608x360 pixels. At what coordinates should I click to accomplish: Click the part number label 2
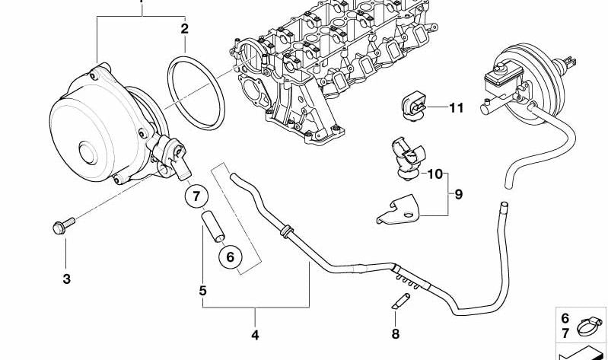[x=184, y=29]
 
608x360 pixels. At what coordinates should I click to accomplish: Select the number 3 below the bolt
[x=67, y=279]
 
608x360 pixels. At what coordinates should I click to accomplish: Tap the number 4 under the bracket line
[x=255, y=335]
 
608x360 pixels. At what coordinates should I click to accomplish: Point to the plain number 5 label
[x=203, y=291]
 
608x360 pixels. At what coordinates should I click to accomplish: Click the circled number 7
[x=196, y=196]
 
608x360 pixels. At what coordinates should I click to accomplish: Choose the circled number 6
[x=231, y=256]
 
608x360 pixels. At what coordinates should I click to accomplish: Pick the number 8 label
[x=396, y=333]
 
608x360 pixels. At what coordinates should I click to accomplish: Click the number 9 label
[x=459, y=194]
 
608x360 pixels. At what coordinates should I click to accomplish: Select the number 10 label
[x=435, y=174]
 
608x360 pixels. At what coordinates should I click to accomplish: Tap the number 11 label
[x=457, y=107]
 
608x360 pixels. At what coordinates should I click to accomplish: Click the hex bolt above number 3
[x=64, y=225]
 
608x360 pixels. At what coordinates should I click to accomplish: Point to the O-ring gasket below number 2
[x=196, y=93]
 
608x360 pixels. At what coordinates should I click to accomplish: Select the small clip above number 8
[x=400, y=301]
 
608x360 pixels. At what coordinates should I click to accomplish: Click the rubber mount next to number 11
[x=413, y=105]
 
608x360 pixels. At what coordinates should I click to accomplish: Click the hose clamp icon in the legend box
[x=590, y=327]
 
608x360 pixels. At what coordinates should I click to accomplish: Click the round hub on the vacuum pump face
[x=88, y=152]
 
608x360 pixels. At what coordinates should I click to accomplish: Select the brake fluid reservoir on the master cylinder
[x=502, y=81]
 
